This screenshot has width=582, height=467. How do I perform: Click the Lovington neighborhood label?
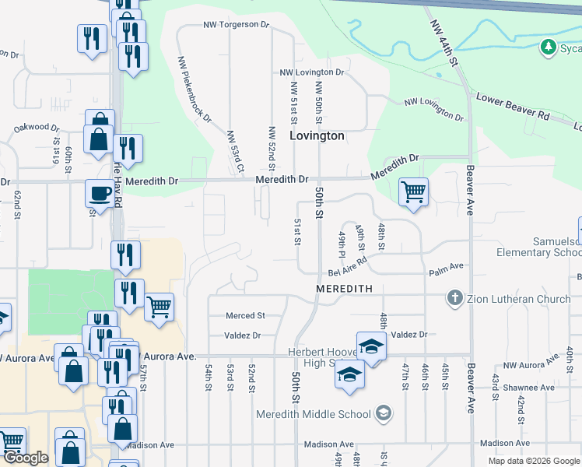click(x=317, y=135)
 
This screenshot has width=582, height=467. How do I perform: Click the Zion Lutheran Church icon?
click(x=455, y=298)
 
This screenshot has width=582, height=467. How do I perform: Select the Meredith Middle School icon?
click(x=383, y=413)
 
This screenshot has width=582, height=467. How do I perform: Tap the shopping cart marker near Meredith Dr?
click(x=413, y=191)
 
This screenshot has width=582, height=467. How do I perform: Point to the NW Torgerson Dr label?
click(x=235, y=25)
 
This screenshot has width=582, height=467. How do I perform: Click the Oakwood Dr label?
click(x=37, y=128)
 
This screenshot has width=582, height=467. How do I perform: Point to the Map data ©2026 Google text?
click(x=533, y=461)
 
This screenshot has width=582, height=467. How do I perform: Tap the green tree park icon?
click(x=549, y=48)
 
